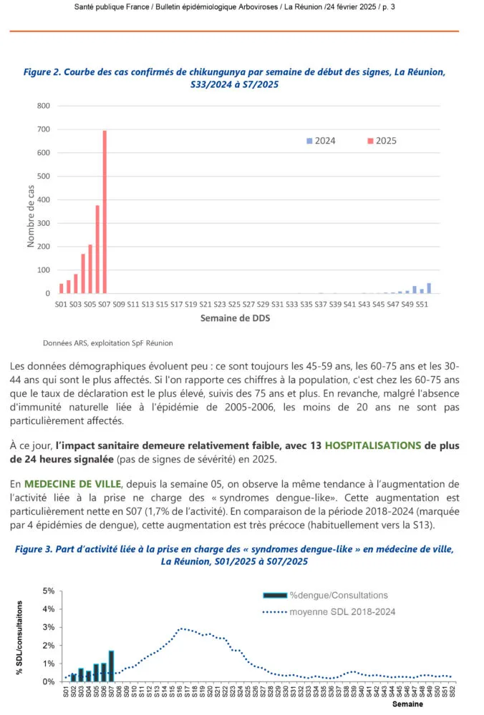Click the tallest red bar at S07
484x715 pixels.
[105, 212]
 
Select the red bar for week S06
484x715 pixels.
[97, 250]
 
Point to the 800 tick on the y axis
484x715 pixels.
[44, 106]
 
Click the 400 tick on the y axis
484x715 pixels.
[44, 200]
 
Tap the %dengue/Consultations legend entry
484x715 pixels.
[338, 595]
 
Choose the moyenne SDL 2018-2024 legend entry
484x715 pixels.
[342, 611]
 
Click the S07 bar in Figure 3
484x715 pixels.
[112, 666]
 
